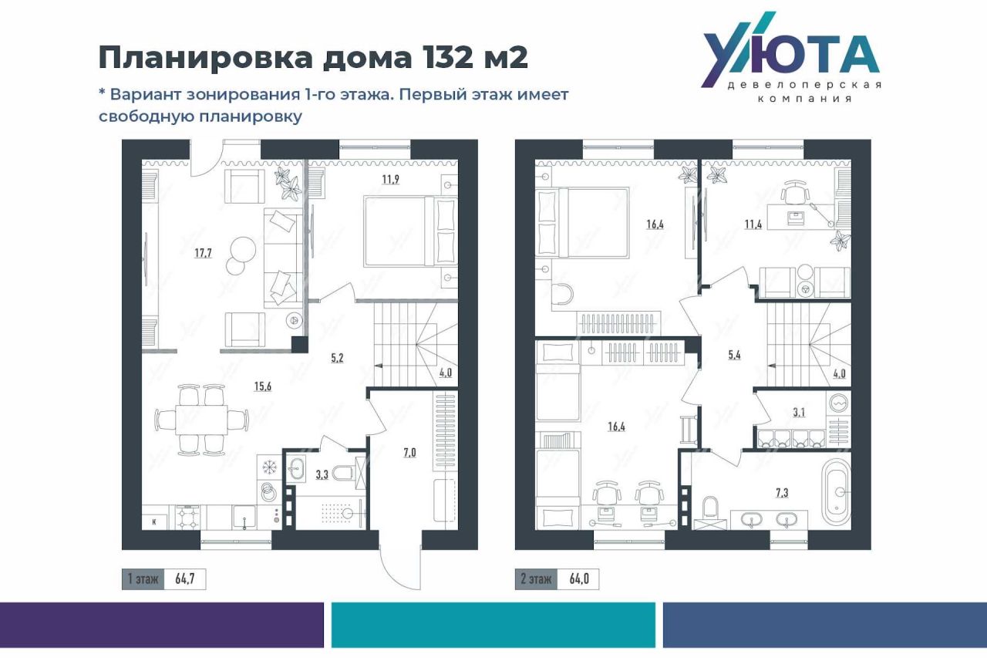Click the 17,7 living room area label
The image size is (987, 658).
pos(203,253)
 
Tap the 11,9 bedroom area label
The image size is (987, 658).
pos(391,180)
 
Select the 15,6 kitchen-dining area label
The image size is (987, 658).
pos(263,386)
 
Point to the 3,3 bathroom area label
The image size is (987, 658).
pos(322,474)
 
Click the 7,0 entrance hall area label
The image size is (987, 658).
pos(409,453)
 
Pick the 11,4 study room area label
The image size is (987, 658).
pos(753,224)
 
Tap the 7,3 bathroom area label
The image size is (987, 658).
pos(782,493)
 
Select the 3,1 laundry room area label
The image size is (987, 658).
pos(799,413)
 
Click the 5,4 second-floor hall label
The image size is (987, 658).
pos(735,355)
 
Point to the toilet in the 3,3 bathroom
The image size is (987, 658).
pos(344,474)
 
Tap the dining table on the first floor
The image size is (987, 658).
pos(201,420)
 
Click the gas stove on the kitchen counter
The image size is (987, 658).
pos(188,518)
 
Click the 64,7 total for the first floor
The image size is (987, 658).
pos(184,579)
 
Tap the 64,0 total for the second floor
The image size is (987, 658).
pos(579,579)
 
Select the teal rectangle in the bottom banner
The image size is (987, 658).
pos(493,625)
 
